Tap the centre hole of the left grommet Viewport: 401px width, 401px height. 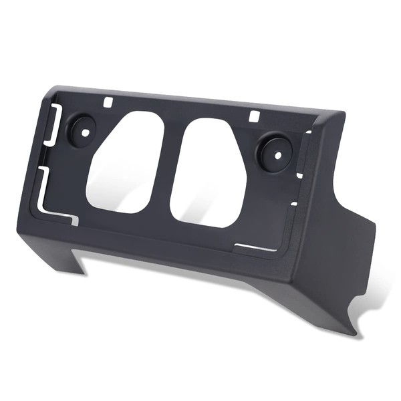click(x=86, y=130)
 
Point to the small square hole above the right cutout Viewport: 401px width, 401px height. click(x=253, y=116)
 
